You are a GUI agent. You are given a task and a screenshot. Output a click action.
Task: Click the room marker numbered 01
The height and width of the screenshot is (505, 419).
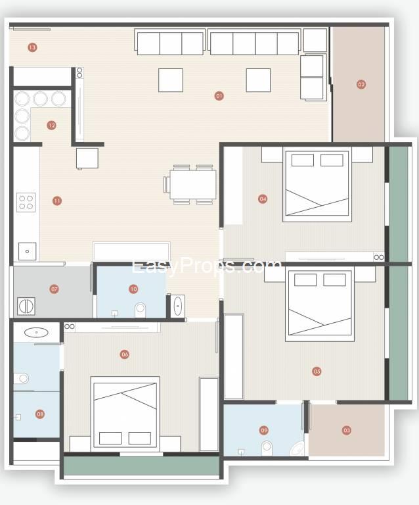(219, 95)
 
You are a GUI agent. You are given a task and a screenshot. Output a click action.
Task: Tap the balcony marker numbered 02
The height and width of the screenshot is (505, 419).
(361, 84)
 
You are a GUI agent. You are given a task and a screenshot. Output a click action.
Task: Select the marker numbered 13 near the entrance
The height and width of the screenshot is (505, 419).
(32, 47)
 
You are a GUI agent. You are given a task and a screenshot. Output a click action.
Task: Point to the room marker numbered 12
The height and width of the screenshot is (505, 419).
(51, 125)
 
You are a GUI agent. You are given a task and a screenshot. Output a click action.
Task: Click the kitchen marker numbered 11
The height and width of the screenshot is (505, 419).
(57, 201)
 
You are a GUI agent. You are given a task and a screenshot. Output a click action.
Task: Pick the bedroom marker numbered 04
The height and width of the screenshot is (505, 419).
(263, 199)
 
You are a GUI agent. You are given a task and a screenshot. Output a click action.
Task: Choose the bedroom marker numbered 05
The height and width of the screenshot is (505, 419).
(317, 372)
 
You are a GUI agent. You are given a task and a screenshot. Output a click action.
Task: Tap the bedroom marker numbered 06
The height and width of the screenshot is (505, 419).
(124, 354)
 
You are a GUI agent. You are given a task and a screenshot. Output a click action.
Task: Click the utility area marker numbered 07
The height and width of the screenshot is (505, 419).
(54, 289)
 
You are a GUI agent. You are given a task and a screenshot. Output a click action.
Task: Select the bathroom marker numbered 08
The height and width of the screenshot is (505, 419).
(40, 414)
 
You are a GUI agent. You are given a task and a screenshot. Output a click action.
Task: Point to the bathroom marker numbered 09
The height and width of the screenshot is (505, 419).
(264, 430)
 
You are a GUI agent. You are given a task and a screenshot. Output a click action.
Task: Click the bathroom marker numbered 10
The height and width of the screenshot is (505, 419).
(133, 289)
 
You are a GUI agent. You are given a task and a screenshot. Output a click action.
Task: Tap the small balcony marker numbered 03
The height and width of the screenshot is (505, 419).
(346, 430)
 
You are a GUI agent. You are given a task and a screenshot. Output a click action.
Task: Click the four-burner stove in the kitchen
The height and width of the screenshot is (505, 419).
(26, 203)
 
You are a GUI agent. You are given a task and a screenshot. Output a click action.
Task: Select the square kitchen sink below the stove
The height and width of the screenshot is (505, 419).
(27, 251)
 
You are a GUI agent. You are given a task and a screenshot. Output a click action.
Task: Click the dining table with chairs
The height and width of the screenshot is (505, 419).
(190, 185)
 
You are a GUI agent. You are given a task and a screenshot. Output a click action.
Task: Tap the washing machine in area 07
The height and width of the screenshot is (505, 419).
(26, 306)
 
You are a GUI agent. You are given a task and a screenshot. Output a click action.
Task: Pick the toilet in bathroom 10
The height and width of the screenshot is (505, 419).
(140, 310)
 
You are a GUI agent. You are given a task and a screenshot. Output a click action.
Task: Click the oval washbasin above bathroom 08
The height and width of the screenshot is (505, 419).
(36, 332)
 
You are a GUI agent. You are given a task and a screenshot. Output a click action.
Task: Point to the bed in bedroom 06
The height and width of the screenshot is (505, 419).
(125, 414)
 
